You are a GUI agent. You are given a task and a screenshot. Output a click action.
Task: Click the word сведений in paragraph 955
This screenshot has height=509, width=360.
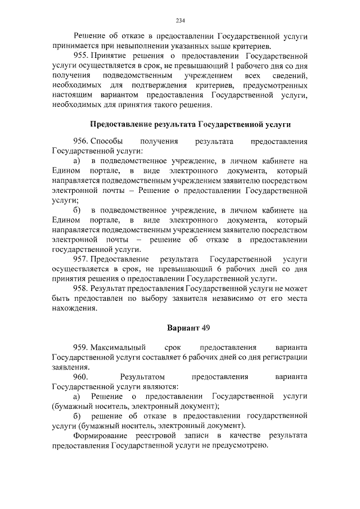[290, 75]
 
